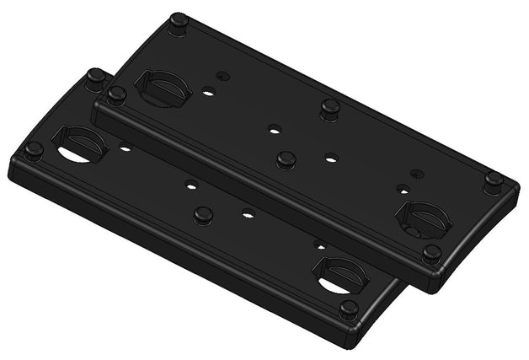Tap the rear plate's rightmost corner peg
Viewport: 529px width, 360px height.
494,180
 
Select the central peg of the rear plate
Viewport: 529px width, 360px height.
286,159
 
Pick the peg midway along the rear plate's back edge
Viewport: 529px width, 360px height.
329,107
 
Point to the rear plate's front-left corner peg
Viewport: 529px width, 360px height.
116,94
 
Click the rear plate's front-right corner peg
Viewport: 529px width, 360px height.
431,253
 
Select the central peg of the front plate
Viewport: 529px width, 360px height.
202,215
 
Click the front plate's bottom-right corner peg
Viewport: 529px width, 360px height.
348,309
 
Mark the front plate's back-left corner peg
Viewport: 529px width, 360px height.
96,77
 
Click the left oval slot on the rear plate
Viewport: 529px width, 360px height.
162,87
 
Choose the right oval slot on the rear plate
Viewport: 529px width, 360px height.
423,218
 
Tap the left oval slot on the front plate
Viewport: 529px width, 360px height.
80,146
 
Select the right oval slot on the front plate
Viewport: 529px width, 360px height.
340,275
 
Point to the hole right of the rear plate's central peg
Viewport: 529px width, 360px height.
331,158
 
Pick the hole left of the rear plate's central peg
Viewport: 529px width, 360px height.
273,130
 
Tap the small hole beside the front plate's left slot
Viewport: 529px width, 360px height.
126,148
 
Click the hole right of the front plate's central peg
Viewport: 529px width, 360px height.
247,213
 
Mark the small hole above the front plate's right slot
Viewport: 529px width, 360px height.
318,244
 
